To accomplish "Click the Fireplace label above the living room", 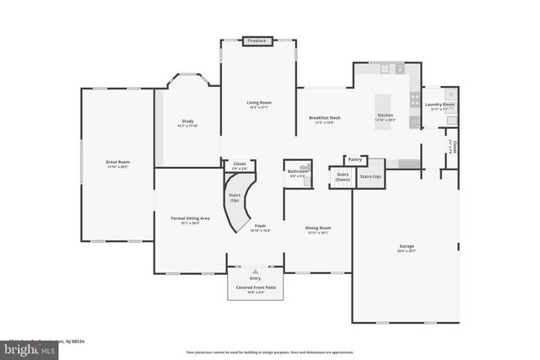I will click(x=256, y=40).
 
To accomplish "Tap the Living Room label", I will click(x=257, y=102).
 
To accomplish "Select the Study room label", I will click(x=187, y=121).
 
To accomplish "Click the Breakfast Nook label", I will click(x=324, y=117).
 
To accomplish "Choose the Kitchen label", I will click(x=385, y=115).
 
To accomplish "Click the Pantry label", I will click(x=355, y=159).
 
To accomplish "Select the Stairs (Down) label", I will click(x=343, y=177).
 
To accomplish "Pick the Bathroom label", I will click(x=298, y=171).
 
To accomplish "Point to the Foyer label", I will click(x=261, y=226).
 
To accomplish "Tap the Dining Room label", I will click(x=318, y=228).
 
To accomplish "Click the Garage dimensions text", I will click(x=407, y=251).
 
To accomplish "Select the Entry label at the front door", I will click(x=255, y=277).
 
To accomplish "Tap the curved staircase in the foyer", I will click(x=240, y=202).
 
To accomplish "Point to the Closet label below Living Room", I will click(x=239, y=164).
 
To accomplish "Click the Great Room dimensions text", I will click(x=117, y=167).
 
